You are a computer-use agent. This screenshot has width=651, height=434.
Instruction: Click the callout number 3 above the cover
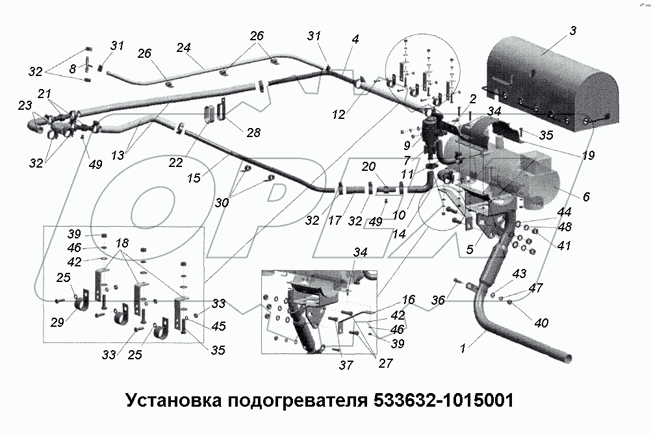[573, 31]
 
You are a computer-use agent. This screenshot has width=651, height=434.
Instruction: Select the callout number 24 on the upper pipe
[184, 47]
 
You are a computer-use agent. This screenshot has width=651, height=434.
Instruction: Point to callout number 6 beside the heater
[587, 197]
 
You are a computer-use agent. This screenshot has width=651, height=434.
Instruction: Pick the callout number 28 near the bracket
[253, 133]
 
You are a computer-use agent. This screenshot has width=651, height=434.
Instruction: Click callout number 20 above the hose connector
[368, 167]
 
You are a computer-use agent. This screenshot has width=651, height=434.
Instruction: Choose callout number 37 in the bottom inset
[346, 366]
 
